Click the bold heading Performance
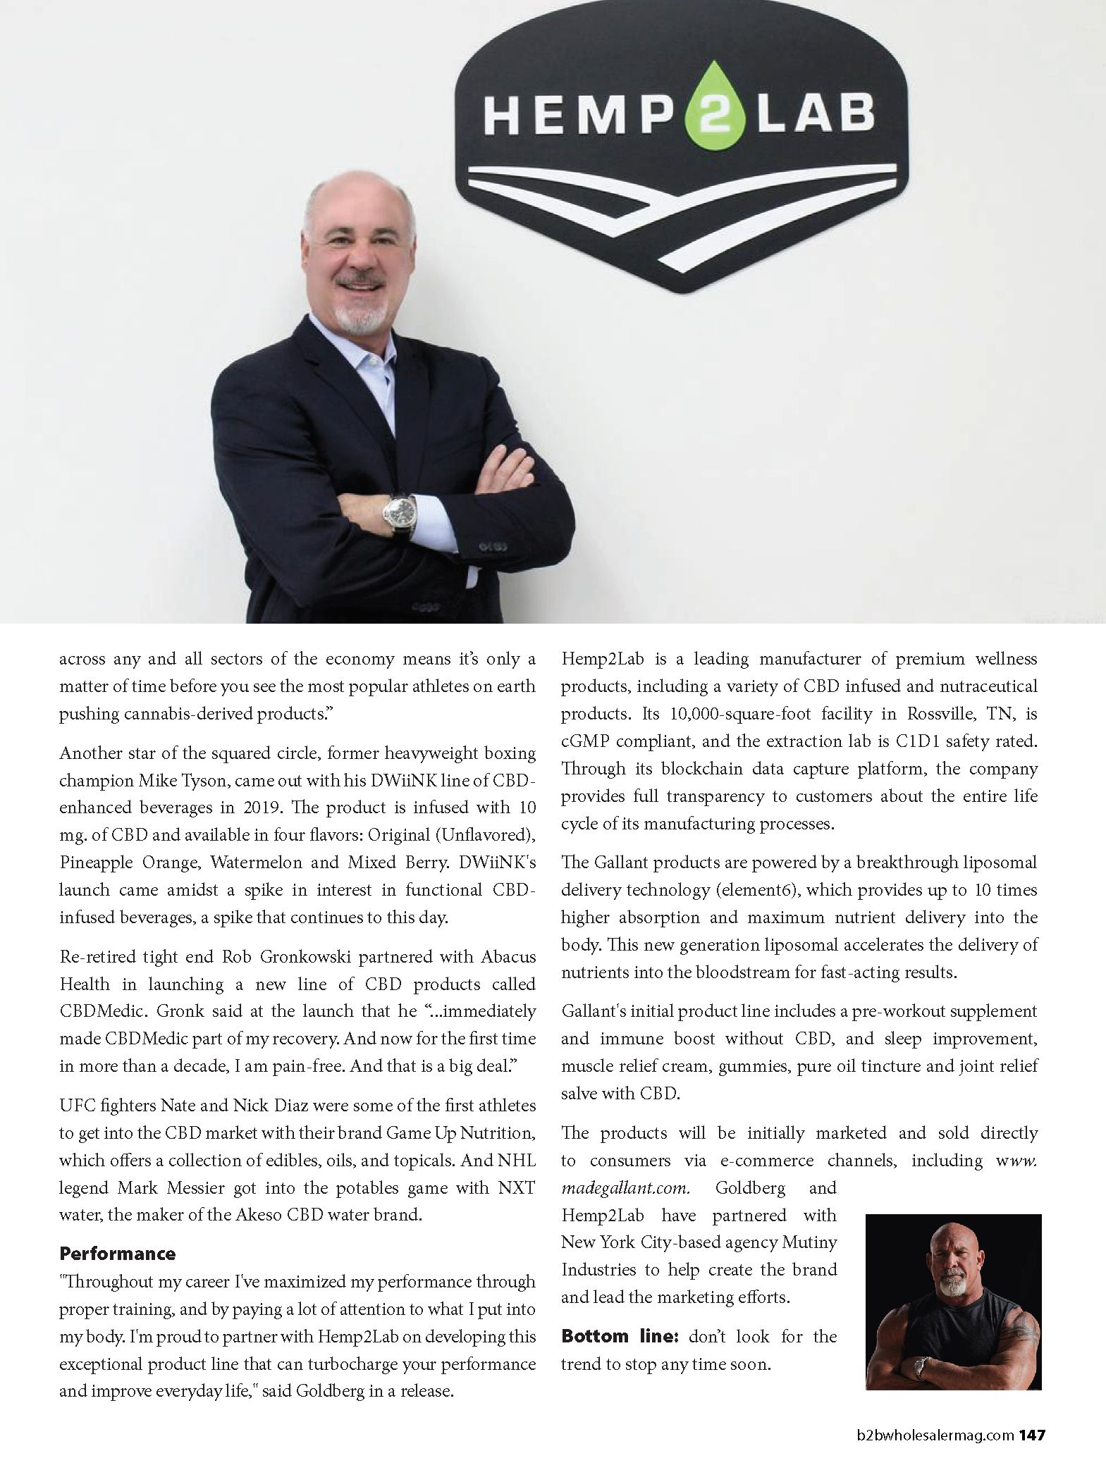point(117,1254)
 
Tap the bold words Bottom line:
point(620,1336)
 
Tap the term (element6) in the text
point(757,889)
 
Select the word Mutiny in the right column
point(809,1242)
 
